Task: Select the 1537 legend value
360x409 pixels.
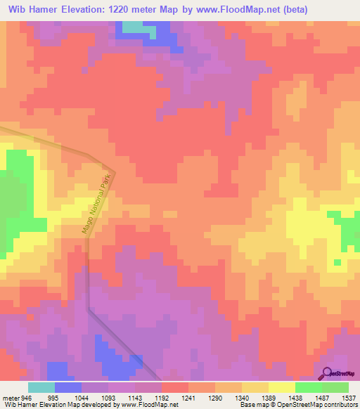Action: click(349, 397)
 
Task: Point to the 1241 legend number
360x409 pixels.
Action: click(188, 397)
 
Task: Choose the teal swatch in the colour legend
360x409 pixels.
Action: click(41, 387)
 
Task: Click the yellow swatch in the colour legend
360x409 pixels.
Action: click(282, 387)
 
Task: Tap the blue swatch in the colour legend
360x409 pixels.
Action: click(68, 387)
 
